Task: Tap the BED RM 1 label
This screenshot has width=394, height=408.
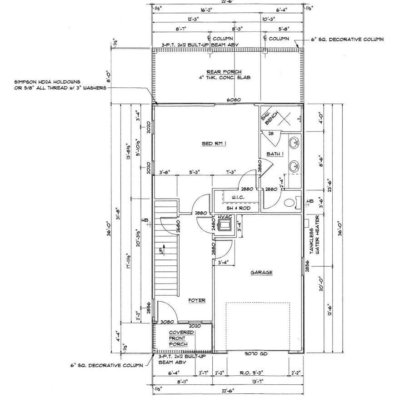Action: tap(214, 144)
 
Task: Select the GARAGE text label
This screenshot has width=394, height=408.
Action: tap(261, 273)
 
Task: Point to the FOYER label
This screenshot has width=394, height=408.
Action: tap(197, 300)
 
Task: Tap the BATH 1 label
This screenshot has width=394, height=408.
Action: tap(275, 154)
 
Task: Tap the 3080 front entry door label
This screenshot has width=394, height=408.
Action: tap(167, 322)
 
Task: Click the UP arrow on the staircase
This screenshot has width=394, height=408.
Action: tap(161, 250)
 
